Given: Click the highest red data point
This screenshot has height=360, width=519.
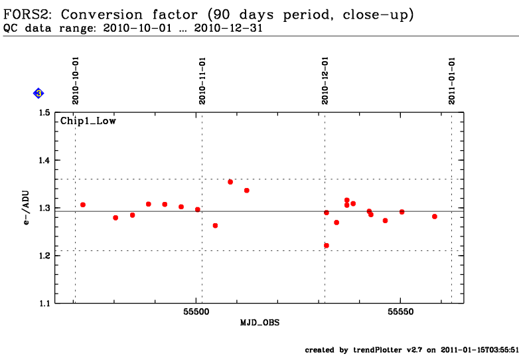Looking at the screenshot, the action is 230,182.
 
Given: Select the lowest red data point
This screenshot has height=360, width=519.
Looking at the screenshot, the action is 327,245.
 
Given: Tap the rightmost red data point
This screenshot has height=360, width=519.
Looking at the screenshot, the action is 435,217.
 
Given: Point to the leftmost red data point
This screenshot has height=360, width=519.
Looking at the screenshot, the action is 83,205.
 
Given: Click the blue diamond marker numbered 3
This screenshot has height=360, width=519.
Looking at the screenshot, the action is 38,94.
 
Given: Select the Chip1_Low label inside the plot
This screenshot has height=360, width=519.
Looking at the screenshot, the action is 88,121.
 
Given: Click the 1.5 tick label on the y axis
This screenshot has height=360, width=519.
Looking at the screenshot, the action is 44,113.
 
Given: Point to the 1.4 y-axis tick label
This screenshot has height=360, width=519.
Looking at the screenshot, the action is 44,160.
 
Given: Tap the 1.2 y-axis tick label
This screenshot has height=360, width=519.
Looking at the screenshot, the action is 44,256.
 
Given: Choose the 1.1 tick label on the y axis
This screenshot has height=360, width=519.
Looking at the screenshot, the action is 44,303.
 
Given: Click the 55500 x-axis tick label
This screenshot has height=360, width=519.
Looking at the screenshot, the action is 196,312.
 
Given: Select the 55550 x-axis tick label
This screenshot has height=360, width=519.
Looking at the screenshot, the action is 400,312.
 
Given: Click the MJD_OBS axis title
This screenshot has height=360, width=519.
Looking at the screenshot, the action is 259,323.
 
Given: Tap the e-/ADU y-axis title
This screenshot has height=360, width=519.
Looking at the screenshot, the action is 26,208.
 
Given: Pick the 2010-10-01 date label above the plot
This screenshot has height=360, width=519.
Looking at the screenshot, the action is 76,81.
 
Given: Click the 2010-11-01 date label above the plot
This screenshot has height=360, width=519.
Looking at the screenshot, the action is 202,81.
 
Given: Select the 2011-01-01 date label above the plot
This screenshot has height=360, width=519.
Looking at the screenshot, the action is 452,81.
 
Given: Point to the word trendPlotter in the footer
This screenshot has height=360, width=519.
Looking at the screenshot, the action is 378,350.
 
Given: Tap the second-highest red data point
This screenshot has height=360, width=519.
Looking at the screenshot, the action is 247,191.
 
